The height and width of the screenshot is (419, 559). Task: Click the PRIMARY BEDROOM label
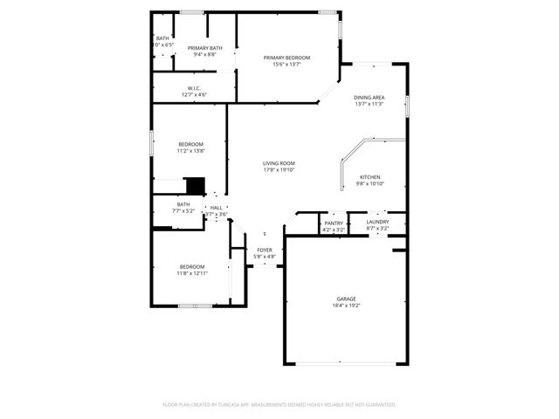pyautogui.click(x=286, y=58)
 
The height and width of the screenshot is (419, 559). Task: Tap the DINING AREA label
pyautogui.click(x=369, y=98)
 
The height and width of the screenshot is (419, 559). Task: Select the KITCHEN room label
pyautogui.click(x=370, y=177)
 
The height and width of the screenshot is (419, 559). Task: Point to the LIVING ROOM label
pyautogui.click(x=279, y=163)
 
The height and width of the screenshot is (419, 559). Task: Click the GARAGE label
pyautogui.click(x=346, y=299)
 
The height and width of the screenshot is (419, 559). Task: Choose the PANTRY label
pyautogui.click(x=334, y=223)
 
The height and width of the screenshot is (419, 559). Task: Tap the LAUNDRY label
pyautogui.click(x=378, y=223)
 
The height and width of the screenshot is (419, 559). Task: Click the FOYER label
pyautogui.click(x=265, y=251)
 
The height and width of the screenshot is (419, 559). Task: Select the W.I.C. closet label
pyautogui.click(x=194, y=87)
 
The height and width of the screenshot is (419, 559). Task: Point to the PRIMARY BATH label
pyautogui.click(x=204, y=48)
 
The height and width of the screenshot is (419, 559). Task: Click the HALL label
pyautogui.click(x=216, y=208)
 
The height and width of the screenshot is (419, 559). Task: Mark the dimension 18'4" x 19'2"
pyautogui.click(x=346, y=306)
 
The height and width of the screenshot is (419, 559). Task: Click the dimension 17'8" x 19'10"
pyautogui.click(x=279, y=170)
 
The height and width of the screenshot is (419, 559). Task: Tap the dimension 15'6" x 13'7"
pyautogui.click(x=286, y=65)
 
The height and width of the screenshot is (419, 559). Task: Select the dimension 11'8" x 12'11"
pyautogui.click(x=192, y=273)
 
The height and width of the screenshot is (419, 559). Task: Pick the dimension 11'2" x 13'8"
pyautogui.click(x=191, y=151)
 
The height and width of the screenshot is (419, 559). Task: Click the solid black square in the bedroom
pyautogui.click(x=196, y=185)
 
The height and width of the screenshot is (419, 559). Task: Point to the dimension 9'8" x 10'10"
pyautogui.click(x=370, y=184)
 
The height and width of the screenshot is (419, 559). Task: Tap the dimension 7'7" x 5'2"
pyautogui.click(x=183, y=210)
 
